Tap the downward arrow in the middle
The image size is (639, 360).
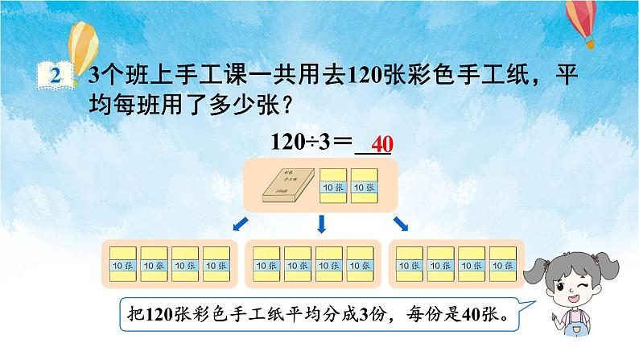pos(320,222)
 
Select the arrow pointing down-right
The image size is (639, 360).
pos(399,221)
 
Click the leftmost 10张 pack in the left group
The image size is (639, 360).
pos(122,263)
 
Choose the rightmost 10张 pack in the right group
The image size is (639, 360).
pos(503,263)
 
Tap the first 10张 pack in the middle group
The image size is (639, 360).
pos(266,263)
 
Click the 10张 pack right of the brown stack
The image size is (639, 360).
pos(333,186)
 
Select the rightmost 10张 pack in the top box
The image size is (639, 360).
pos(365,186)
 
